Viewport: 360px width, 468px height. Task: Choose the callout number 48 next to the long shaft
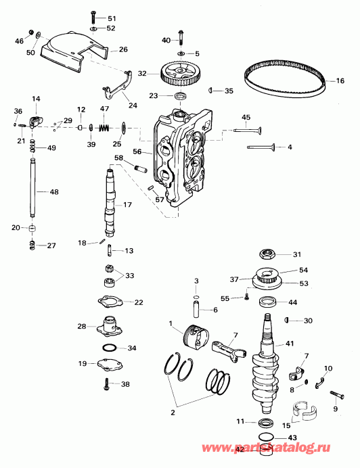pyautogui.click(x=54, y=192)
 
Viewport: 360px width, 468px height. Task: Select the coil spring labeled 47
pyautogui.click(x=105, y=126)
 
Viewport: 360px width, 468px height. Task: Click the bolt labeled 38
pyautogui.click(x=106, y=384)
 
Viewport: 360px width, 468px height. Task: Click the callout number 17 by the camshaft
pyautogui.click(x=127, y=205)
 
